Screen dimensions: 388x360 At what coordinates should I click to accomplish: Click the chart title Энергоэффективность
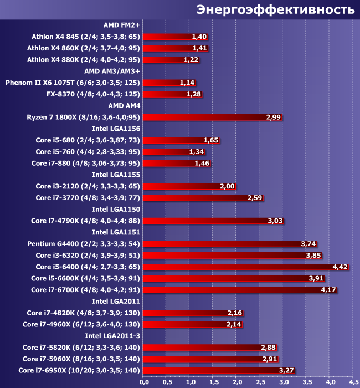(x=275, y=9)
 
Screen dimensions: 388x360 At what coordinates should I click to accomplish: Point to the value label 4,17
(x=328, y=289)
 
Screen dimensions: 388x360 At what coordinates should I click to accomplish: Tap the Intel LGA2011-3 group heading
(x=112, y=335)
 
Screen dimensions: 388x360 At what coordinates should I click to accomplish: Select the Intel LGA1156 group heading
(x=116, y=129)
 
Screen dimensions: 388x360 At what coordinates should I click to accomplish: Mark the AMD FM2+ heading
(x=121, y=25)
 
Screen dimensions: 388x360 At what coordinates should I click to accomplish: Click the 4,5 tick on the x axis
(x=353, y=381)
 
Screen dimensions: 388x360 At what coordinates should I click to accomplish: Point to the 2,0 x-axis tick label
(x=236, y=381)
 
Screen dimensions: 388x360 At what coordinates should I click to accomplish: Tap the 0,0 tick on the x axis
(x=143, y=381)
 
